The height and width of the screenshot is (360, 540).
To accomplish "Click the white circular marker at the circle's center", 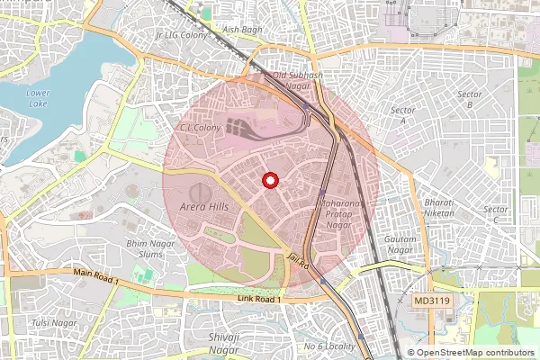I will coord(269,181).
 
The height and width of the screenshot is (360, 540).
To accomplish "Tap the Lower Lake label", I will coord(39,97).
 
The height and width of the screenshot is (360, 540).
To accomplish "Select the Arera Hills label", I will coord(205,207).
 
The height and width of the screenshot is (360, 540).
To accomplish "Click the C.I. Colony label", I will coord(201,128).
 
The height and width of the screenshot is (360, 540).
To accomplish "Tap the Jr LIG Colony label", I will coord(182,35).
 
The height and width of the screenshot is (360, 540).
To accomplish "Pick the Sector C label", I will coord(496,214).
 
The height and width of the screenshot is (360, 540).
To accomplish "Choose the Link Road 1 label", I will coord(260,298).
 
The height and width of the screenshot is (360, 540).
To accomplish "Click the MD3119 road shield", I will coord(432,299).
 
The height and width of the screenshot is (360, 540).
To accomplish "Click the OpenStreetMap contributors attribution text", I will coord(472,353).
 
